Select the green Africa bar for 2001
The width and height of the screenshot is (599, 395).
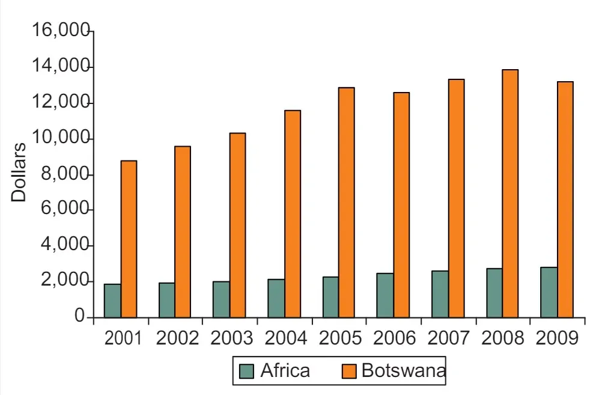click(x=112, y=301)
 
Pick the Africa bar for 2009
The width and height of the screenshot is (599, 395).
click(x=549, y=292)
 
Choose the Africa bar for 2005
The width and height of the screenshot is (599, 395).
click(x=330, y=297)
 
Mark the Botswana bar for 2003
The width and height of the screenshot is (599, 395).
click(x=237, y=225)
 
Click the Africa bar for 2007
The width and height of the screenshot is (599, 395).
click(x=440, y=294)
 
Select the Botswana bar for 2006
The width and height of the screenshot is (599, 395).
click(x=401, y=204)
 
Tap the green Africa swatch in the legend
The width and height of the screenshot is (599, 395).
click(x=246, y=371)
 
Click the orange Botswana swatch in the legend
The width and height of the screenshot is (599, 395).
click(x=349, y=371)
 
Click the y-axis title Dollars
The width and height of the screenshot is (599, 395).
click(x=19, y=172)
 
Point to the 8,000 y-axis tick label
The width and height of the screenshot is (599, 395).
click(x=65, y=175)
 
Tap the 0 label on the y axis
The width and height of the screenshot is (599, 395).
click(x=79, y=316)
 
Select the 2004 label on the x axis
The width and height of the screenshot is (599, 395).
click(x=286, y=338)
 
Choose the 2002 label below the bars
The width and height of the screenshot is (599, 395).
click(x=177, y=338)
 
